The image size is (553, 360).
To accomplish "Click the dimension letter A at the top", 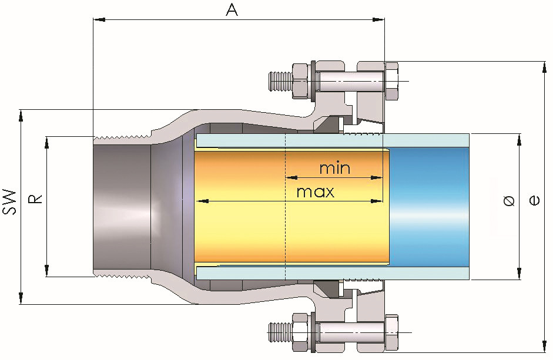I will pos(232,10).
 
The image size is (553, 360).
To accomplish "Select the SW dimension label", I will pos(9,201).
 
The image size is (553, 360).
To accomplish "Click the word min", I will pos(334,169).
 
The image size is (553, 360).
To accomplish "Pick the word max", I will pos(315,192).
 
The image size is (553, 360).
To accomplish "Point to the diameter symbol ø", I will pos(509,201).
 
